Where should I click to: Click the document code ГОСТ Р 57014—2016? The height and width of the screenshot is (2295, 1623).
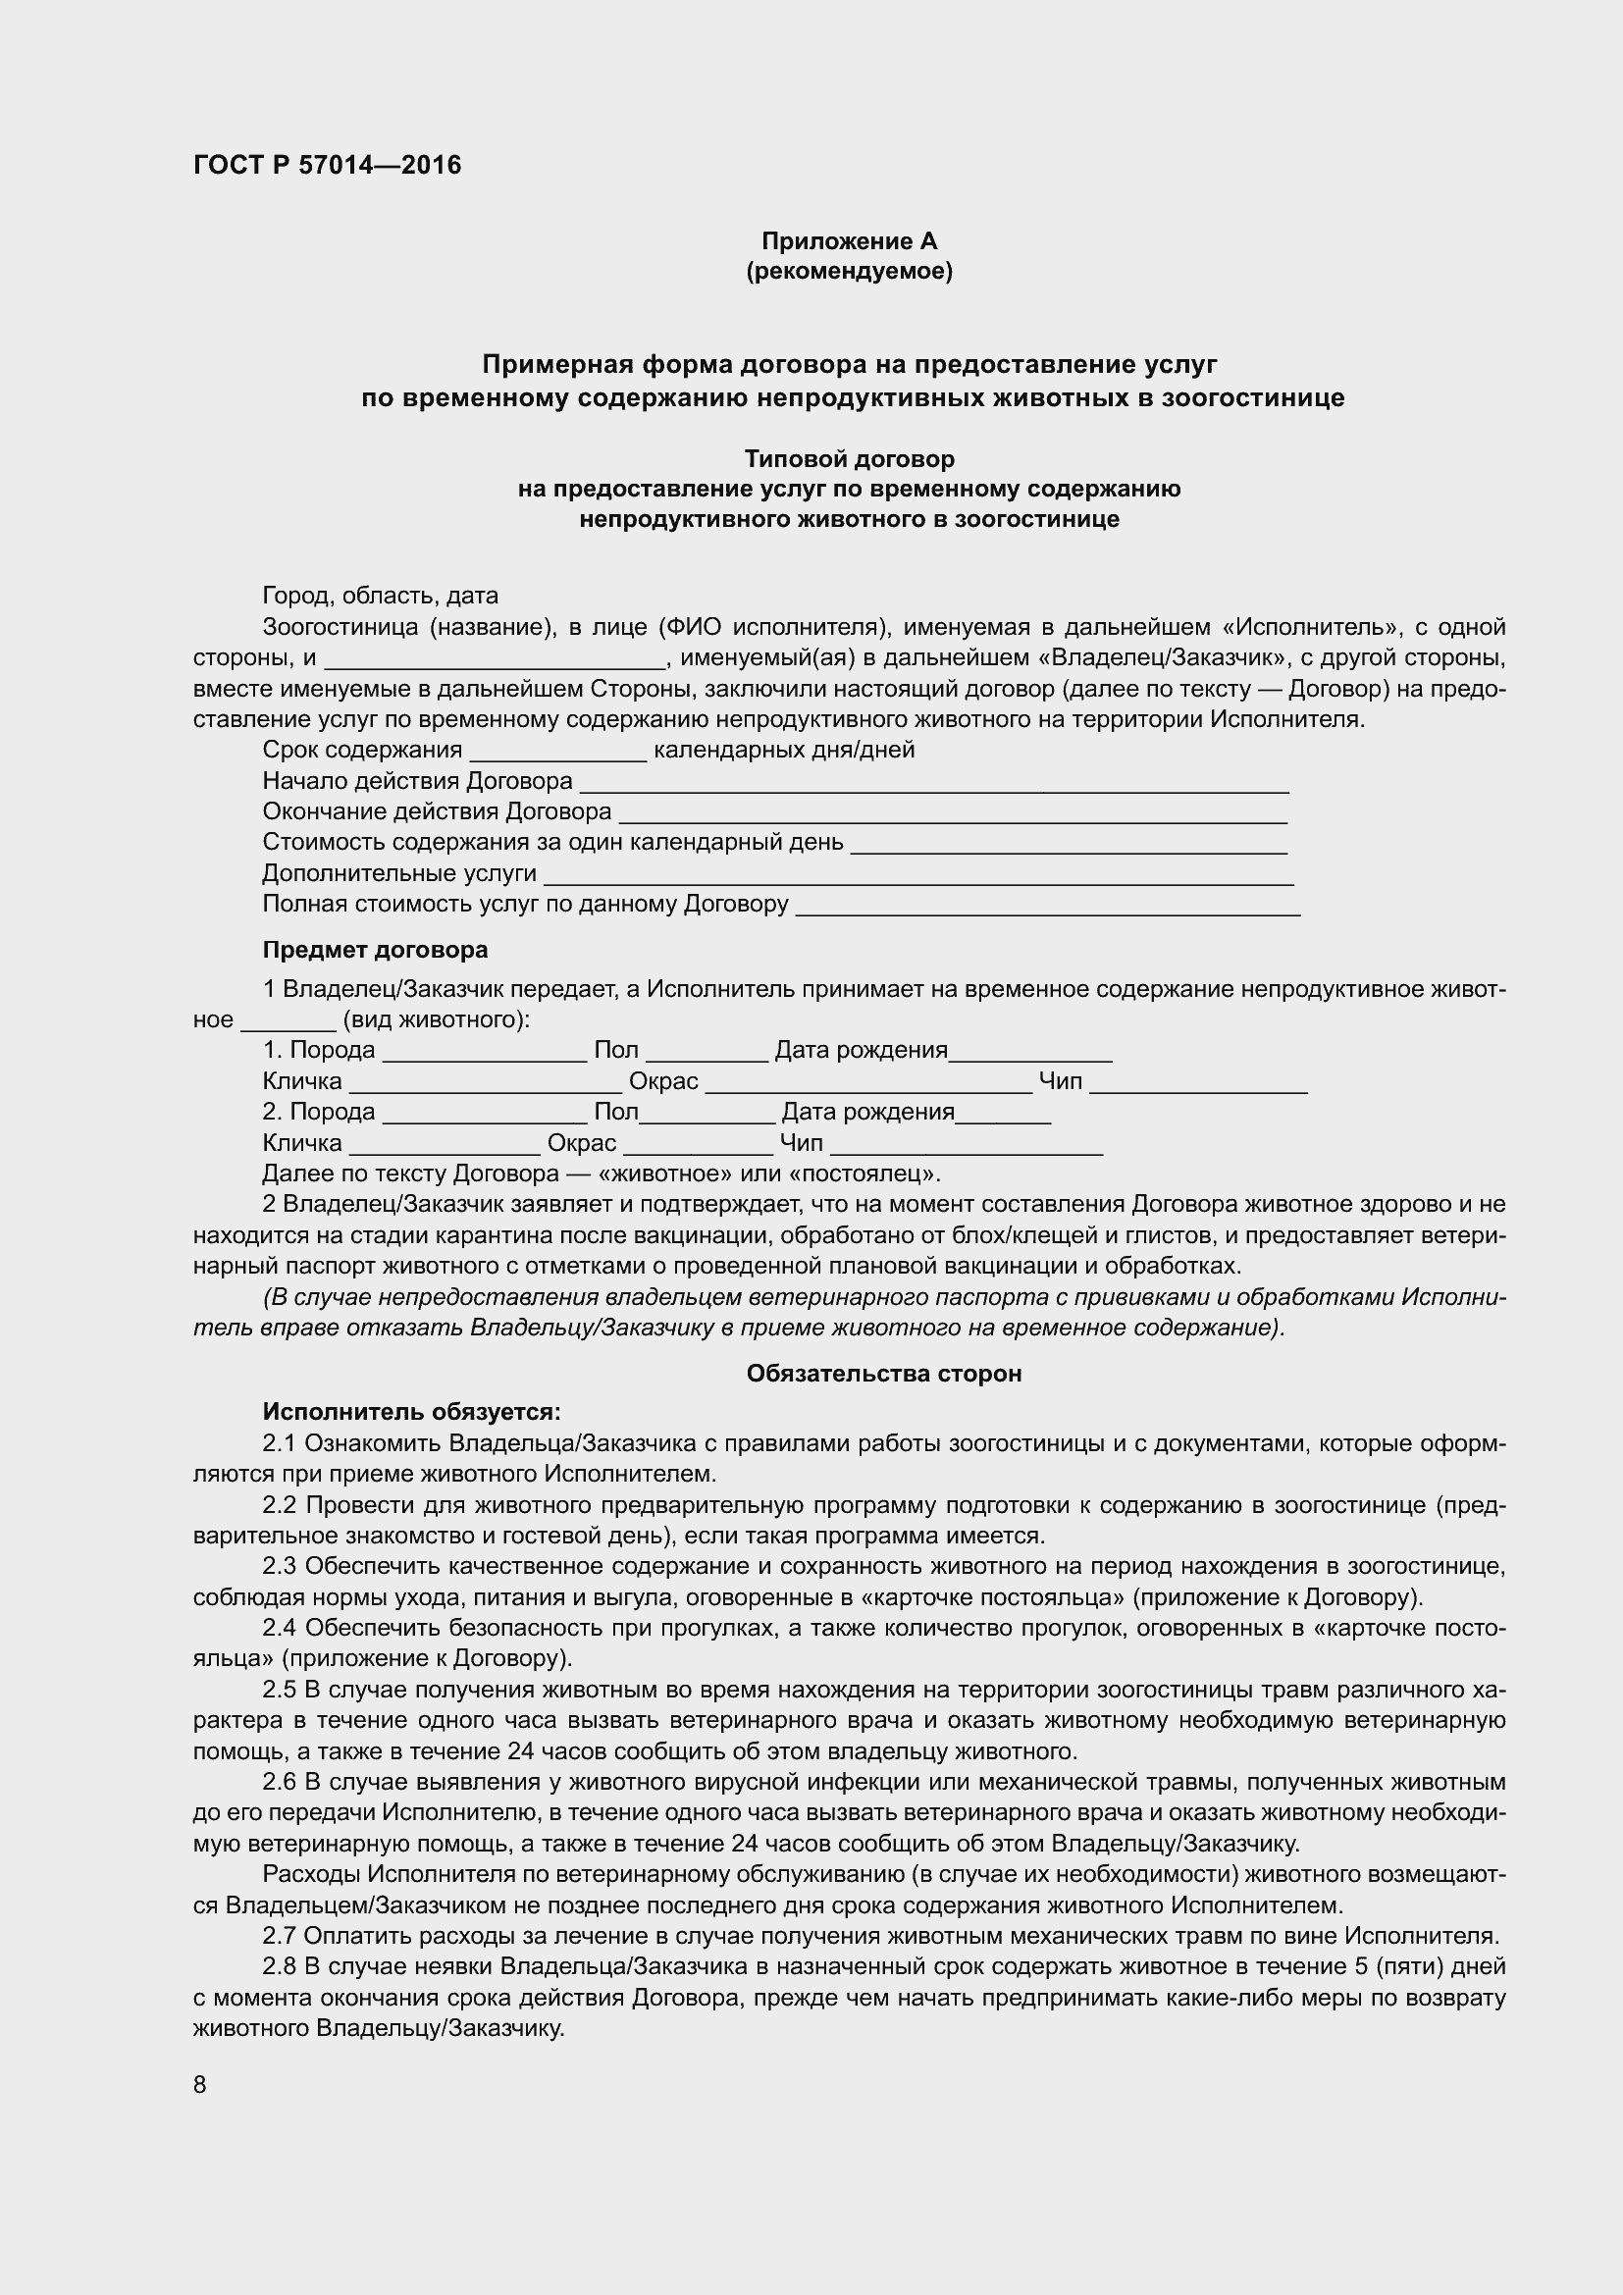click(x=327, y=165)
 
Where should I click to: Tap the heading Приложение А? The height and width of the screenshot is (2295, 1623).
click(x=849, y=241)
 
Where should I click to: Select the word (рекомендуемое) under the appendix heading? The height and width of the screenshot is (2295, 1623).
click(x=849, y=271)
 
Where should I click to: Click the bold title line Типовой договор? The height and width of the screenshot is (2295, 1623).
click(x=849, y=459)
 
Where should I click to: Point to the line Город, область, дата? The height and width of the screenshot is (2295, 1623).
click(x=380, y=597)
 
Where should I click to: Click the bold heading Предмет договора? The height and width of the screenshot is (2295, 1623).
click(x=375, y=949)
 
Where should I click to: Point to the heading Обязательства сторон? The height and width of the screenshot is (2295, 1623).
click(x=883, y=1375)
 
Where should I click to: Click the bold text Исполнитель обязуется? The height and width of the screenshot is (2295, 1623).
click(x=412, y=1411)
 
